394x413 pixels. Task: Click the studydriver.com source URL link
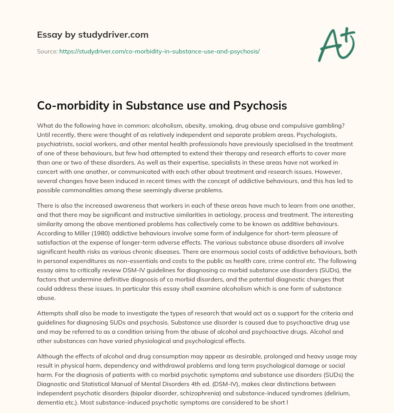point(159,51)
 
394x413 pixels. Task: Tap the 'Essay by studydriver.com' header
point(93,35)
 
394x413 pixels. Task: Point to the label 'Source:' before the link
point(47,51)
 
